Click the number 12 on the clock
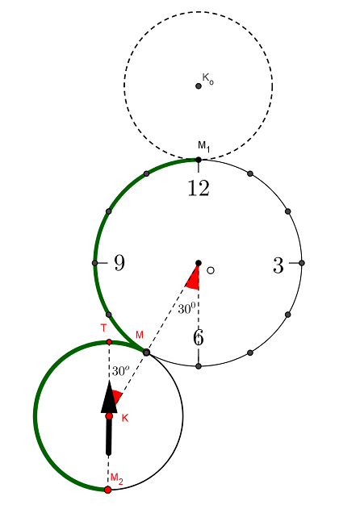[199, 188]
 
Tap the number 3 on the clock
[278, 265]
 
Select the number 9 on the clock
[119, 263]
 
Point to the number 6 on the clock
[199, 338]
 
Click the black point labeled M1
[199, 160]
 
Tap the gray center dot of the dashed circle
[199, 86]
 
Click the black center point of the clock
[199, 263]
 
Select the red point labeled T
[109, 342]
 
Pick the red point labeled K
[109, 416]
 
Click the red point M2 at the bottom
[108, 490]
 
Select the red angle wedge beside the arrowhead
[117, 397]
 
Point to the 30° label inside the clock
[186, 308]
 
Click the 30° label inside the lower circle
[120, 371]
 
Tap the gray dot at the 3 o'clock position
[302, 263]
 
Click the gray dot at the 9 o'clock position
[95, 263]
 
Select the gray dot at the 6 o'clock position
[199, 366]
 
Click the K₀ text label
[208, 78]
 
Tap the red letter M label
[140, 335]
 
